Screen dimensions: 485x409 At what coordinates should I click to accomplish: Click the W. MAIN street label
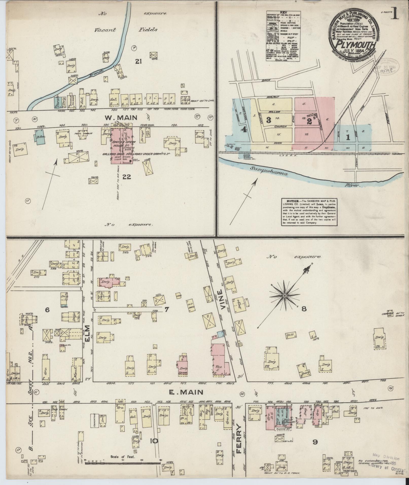121,118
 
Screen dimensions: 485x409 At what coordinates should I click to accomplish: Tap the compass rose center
284,296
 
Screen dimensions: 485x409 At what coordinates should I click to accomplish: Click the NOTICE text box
309,212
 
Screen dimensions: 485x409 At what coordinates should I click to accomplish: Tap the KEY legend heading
283,12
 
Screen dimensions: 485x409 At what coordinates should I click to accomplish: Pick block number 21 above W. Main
138,61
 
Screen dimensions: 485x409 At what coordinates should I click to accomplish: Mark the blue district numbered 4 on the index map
244,130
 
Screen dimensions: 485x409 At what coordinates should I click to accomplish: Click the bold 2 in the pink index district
309,121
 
